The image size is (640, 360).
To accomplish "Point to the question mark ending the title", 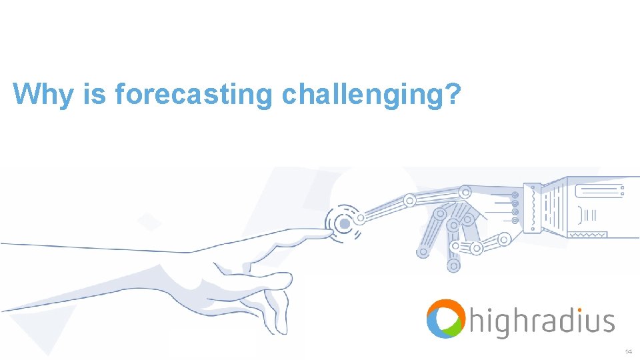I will click(x=453, y=94).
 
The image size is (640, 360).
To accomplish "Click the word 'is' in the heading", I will click(x=93, y=94).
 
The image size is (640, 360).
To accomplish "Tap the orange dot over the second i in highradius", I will click(x=561, y=310).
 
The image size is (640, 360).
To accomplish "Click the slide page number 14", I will click(x=628, y=351).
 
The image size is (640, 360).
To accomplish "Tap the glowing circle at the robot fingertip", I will click(x=342, y=222).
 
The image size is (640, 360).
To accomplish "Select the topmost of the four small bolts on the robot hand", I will click(x=515, y=194).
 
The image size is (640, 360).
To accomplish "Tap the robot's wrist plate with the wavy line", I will click(x=533, y=207).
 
